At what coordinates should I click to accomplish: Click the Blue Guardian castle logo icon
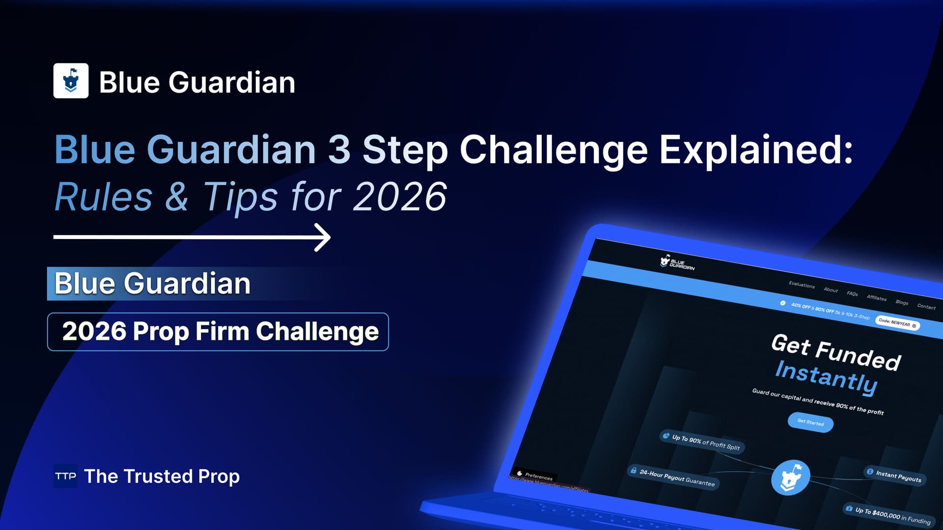pos(71,80)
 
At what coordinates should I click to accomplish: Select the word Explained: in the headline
pos(755,150)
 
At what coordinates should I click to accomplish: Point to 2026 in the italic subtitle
pos(399,197)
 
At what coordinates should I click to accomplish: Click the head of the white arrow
pos(324,238)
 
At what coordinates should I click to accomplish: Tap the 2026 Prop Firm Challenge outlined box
pos(218,332)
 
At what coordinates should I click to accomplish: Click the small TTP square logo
pos(65,476)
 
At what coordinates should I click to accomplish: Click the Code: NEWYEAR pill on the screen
pos(897,324)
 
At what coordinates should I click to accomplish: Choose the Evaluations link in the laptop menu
pos(802,285)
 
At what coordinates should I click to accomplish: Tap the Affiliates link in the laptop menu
pos(876,298)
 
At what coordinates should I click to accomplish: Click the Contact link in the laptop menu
pos(926,307)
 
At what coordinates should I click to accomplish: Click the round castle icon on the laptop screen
pos(790,477)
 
